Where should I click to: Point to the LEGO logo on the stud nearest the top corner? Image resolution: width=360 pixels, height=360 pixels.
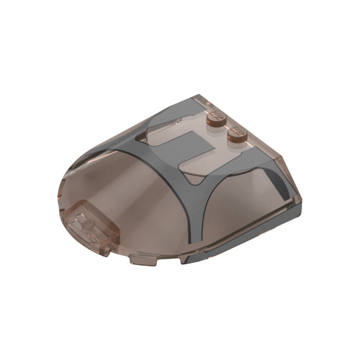tap(214, 115)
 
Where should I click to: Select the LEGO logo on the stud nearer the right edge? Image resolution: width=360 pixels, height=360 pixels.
tap(237, 130)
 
